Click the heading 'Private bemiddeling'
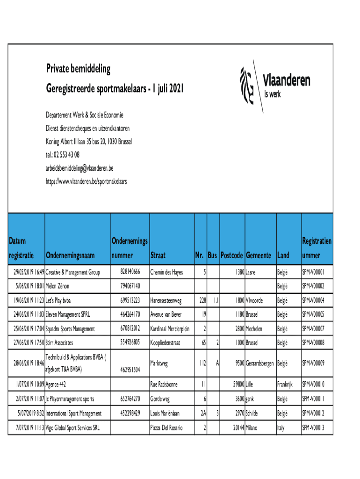point(78,69)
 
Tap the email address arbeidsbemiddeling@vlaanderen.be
point(79,167)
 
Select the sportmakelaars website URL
point(86,181)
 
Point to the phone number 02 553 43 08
point(67,154)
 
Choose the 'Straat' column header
point(158,255)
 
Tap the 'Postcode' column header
point(232,255)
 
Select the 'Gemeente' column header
point(259,255)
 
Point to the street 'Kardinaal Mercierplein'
point(170,329)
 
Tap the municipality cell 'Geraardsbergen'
point(260,363)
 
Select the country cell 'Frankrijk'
point(285,385)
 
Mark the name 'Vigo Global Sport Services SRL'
point(72,428)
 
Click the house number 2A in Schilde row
point(202,414)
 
